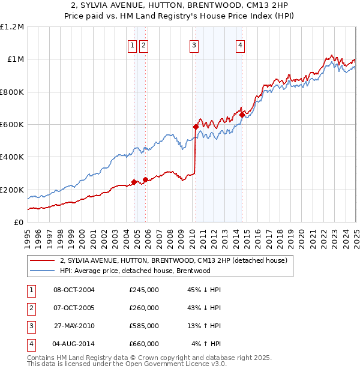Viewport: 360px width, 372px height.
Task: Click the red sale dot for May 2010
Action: (196, 127)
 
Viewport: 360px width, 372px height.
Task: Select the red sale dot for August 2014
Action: (242, 115)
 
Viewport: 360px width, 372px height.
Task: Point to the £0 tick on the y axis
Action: (19, 223)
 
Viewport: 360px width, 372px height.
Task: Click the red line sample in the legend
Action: (42, 261)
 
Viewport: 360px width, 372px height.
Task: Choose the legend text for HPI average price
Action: (134, 271)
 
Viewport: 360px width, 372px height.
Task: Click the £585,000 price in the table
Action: (144, 326)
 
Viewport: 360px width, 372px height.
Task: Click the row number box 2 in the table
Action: (30, 308)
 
